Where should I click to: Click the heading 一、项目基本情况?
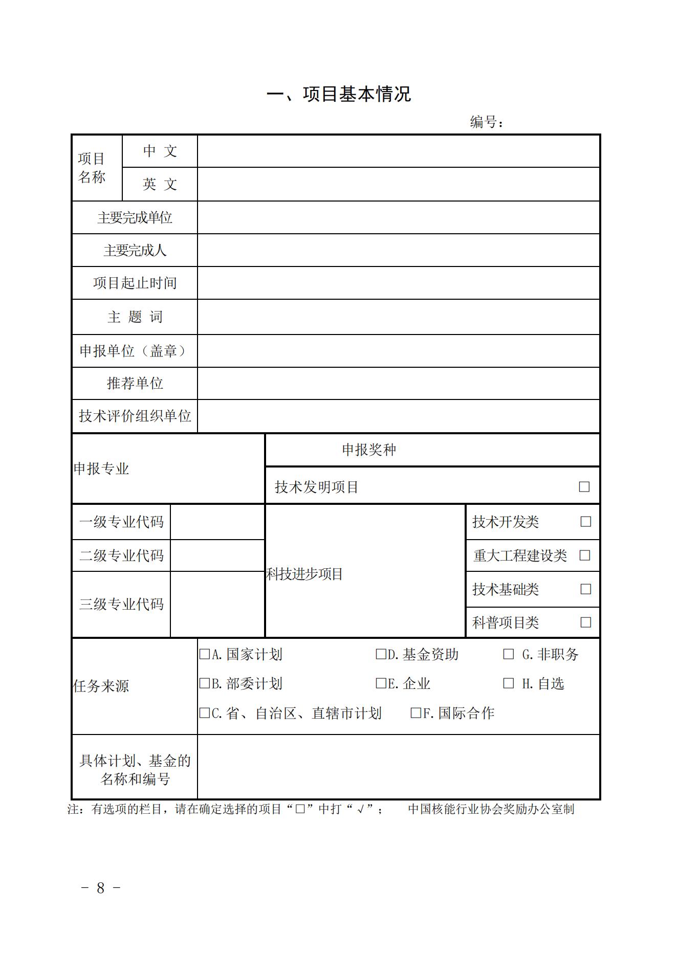pyautogui.click(x=339, y=94)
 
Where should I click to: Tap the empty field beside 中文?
pyautogui.click(x=398, y=151)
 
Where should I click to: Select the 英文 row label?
pyautogui.click(x=160, y=184)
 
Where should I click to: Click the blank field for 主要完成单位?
pyautogui.click(x=398, y=217)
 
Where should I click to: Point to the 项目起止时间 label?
pyautogui.click(x=135, y=283)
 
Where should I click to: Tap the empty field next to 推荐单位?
pyautogui.click(x=398, y=383)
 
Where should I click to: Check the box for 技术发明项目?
pyautogui.click(x=584, y=486)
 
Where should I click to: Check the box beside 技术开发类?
pyautogui.click(x=585, y=522)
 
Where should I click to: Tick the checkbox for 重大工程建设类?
pyautogui.click(x=584, y=555)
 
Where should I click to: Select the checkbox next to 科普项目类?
pyautogui.click(x=585, y=622)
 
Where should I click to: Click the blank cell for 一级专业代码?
pyautogui.click(x=217, y=522)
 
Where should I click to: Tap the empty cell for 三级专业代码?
pyautogui.click(x=217, y=604)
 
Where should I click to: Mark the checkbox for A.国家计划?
pyautogui.click(x=205, y=654)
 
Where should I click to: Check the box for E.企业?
pyautogui.click(x=381, y=683)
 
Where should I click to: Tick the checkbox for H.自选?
pyautogui.click(x=508, y=683)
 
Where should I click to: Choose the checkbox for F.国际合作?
pyautogui.click(x=416, y=713)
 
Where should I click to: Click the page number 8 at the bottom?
pyautogui.click(x=101, y=888)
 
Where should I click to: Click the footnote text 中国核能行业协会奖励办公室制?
pyautogui.click(x=491, y=809)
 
